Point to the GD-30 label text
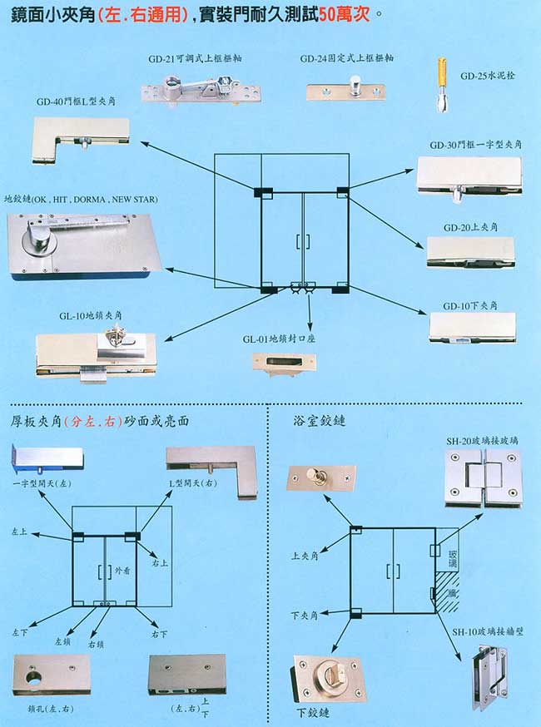click(x=441, y=145)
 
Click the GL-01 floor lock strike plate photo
click(x=282, y=362)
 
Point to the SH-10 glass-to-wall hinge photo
click(x=485, y=672)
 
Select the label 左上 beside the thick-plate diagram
click(x=19, y=529)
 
